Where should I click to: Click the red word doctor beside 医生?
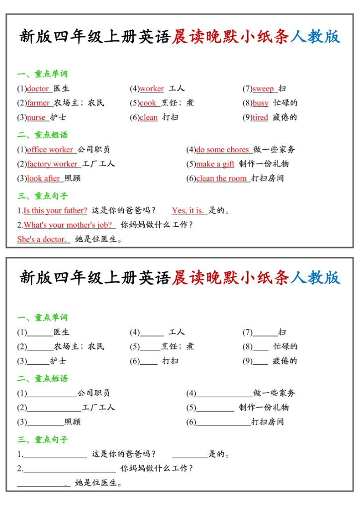(x=38, y=89)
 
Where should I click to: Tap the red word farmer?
(x=38, y=103)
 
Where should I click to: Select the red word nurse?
(x=36, y=118)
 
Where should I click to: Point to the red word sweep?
(x=263, y=89)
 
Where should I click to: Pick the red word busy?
(x=260, y=103)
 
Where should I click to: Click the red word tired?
(x=260, y=118)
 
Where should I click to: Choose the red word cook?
(x=148, y=103)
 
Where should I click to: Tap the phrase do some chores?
(x=222, y=150)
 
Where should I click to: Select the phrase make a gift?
(x=215, y=164)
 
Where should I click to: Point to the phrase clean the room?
(x=221, y=178)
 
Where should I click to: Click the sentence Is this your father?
(x=55, y=210)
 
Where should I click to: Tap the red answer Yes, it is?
(x=187, y=210)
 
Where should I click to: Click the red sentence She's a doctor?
(x=41, y=240)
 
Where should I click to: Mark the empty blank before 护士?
(x=38, y=361)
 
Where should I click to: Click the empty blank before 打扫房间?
(x=223, y=423)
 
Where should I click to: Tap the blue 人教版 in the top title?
(x=315, y=277)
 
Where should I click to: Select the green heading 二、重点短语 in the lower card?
(x=43, y=379)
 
